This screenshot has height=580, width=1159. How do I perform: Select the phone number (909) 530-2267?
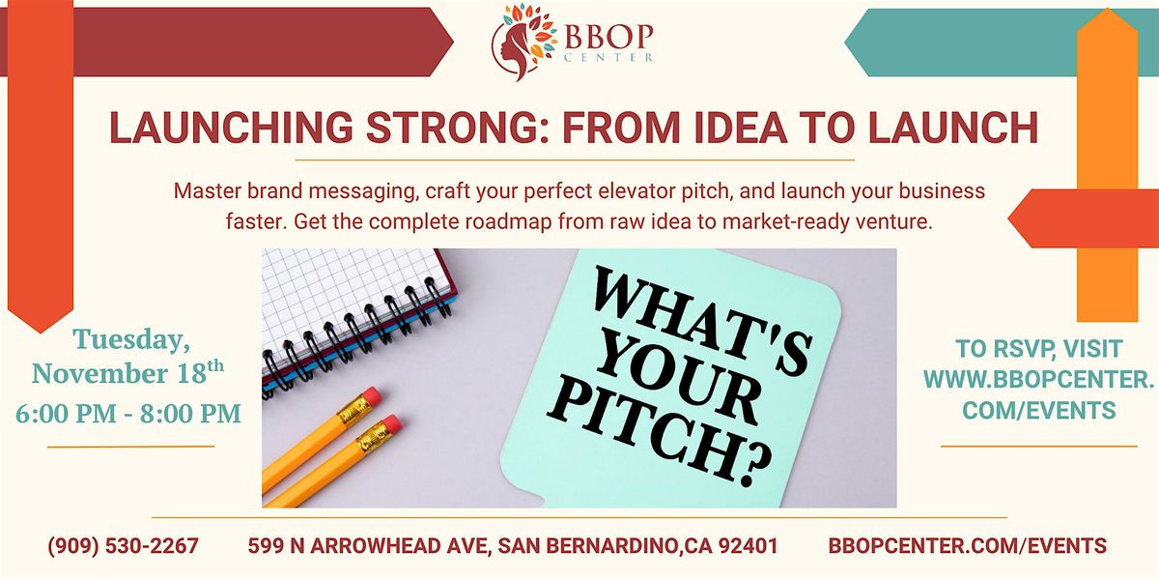pos(123,546)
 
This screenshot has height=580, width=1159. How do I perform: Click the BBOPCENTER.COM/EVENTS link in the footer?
pos(968,546)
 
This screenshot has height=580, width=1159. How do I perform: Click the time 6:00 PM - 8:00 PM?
pos(128,414)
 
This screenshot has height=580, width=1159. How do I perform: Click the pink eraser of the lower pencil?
pos(389,425)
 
